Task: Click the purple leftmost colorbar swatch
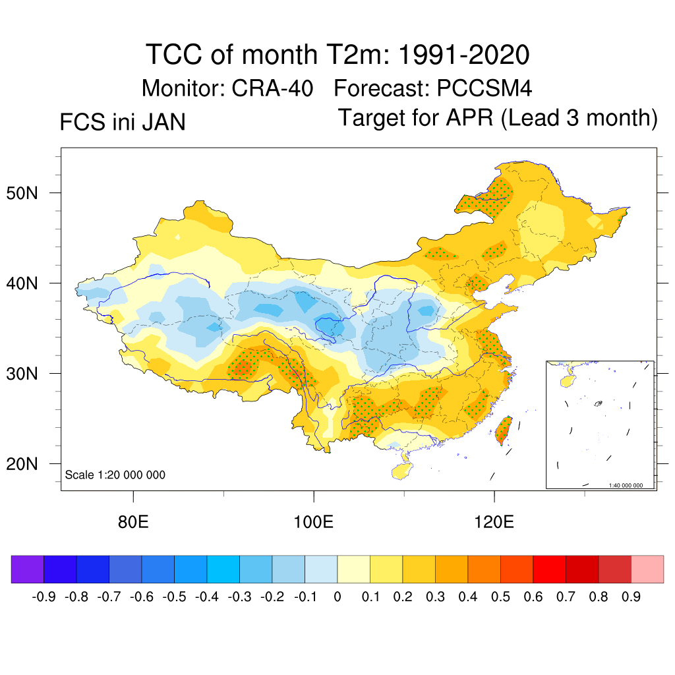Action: tap(28, 569)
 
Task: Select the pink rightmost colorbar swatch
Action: tap(647, 569)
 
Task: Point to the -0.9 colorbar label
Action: tap(44, 597)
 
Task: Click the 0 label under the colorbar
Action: tap(337, 597)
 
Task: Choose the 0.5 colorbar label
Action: tap(500, 597)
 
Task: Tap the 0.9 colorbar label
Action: tap(631, 597)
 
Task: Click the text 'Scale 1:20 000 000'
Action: tap(115, 475)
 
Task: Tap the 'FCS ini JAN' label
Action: tap(123, 123)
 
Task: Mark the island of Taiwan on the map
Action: tap(504, 430)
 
